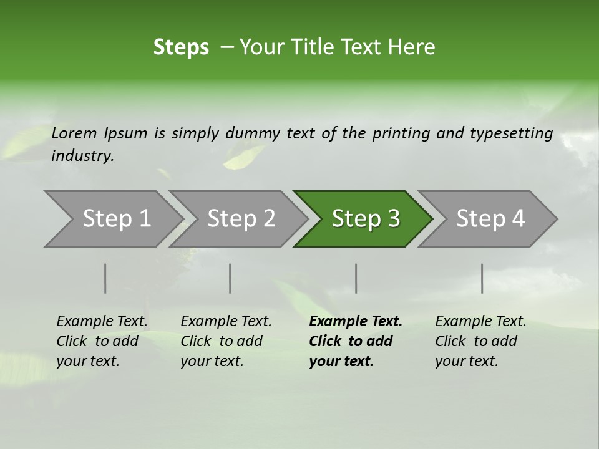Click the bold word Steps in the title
coord(181,47)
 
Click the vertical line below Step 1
coord(105,278)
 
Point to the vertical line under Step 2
coord(230,278)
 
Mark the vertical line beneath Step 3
coord(356,278)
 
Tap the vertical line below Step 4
coord(482,278)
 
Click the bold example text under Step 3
coord(356,341)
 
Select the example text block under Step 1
coord(102,341)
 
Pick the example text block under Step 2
coord(226,341)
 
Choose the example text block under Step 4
coord(480,341)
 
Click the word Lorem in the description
coord(74,133)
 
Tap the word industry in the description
coord(82,156)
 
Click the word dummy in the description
coord(253,133)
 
